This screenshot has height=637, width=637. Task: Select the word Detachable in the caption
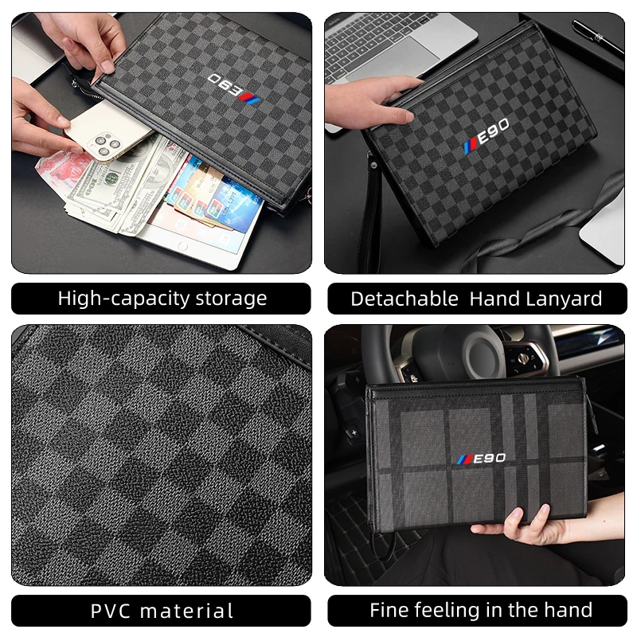pyautogui.click(x=404, y=299)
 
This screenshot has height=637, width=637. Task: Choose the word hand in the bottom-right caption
pyautogui.click(x=566, y=611)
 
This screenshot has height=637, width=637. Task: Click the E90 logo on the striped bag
pyautogui.click(x=481, y=459)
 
